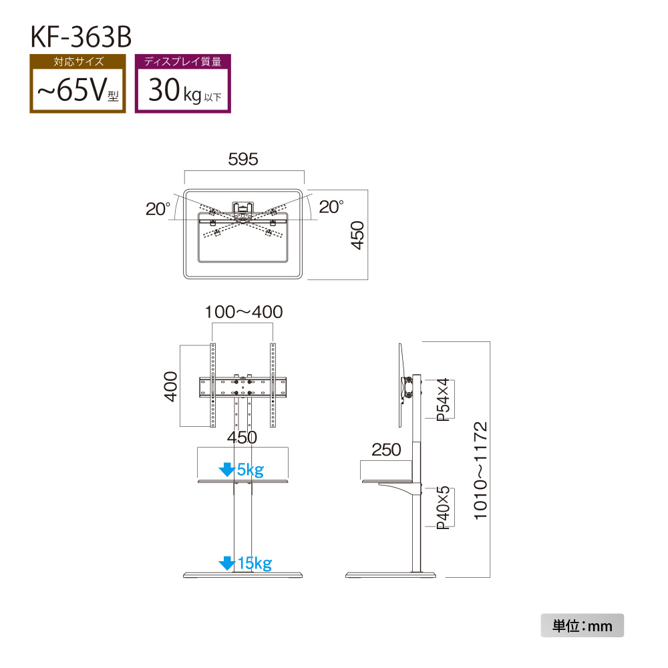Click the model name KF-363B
[x=81, y=37]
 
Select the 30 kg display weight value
[x=184, y=90]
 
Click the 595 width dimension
[x=243, y=160]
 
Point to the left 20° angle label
[x=158, y=208]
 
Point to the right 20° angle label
[x=331, y=206]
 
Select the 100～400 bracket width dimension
[x=244, y=312]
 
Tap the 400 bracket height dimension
[x=170, y=386]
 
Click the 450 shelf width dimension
[x=242, y=438]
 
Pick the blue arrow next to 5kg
[x=226, y=470]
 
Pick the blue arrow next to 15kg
[x=226, y=563]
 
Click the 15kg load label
[x=255, y=563]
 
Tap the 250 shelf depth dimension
[x=386, y=450]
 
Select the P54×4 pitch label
[x=444, y=399]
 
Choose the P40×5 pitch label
[x=444, y=508]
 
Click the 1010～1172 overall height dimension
[x=480, y=471]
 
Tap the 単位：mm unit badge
[x=582, y=625]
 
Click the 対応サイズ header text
[x=78, y=61]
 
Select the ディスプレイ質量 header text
[x=183, y=61]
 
